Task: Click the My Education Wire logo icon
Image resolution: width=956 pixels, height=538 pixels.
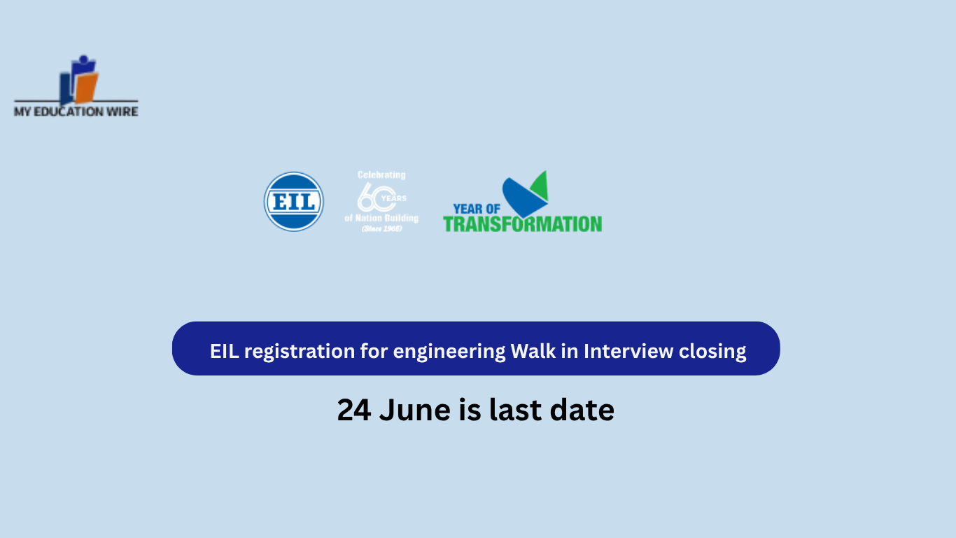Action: click(x=78, y=79)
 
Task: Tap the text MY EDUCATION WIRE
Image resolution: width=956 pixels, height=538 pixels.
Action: click(x=76, y=111)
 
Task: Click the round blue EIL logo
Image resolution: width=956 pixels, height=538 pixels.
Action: click(x=294, y=202)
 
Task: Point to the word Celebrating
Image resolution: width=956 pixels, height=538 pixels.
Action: click(x=381, y=174)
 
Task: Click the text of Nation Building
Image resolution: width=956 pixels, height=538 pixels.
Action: click(x=381, y=218)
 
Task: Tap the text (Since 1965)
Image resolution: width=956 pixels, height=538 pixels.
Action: click(x=381, y=228)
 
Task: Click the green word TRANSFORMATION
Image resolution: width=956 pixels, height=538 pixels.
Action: click(x=522, y=224)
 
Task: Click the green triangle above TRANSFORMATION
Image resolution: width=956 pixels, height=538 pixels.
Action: click(x=540, y=185)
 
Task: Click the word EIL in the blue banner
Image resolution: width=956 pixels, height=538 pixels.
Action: click(x=224, y=351)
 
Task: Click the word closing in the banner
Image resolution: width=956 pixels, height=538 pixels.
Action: click(x=712, y=351)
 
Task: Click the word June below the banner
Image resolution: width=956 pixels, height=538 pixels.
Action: click(x=416, y=410)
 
